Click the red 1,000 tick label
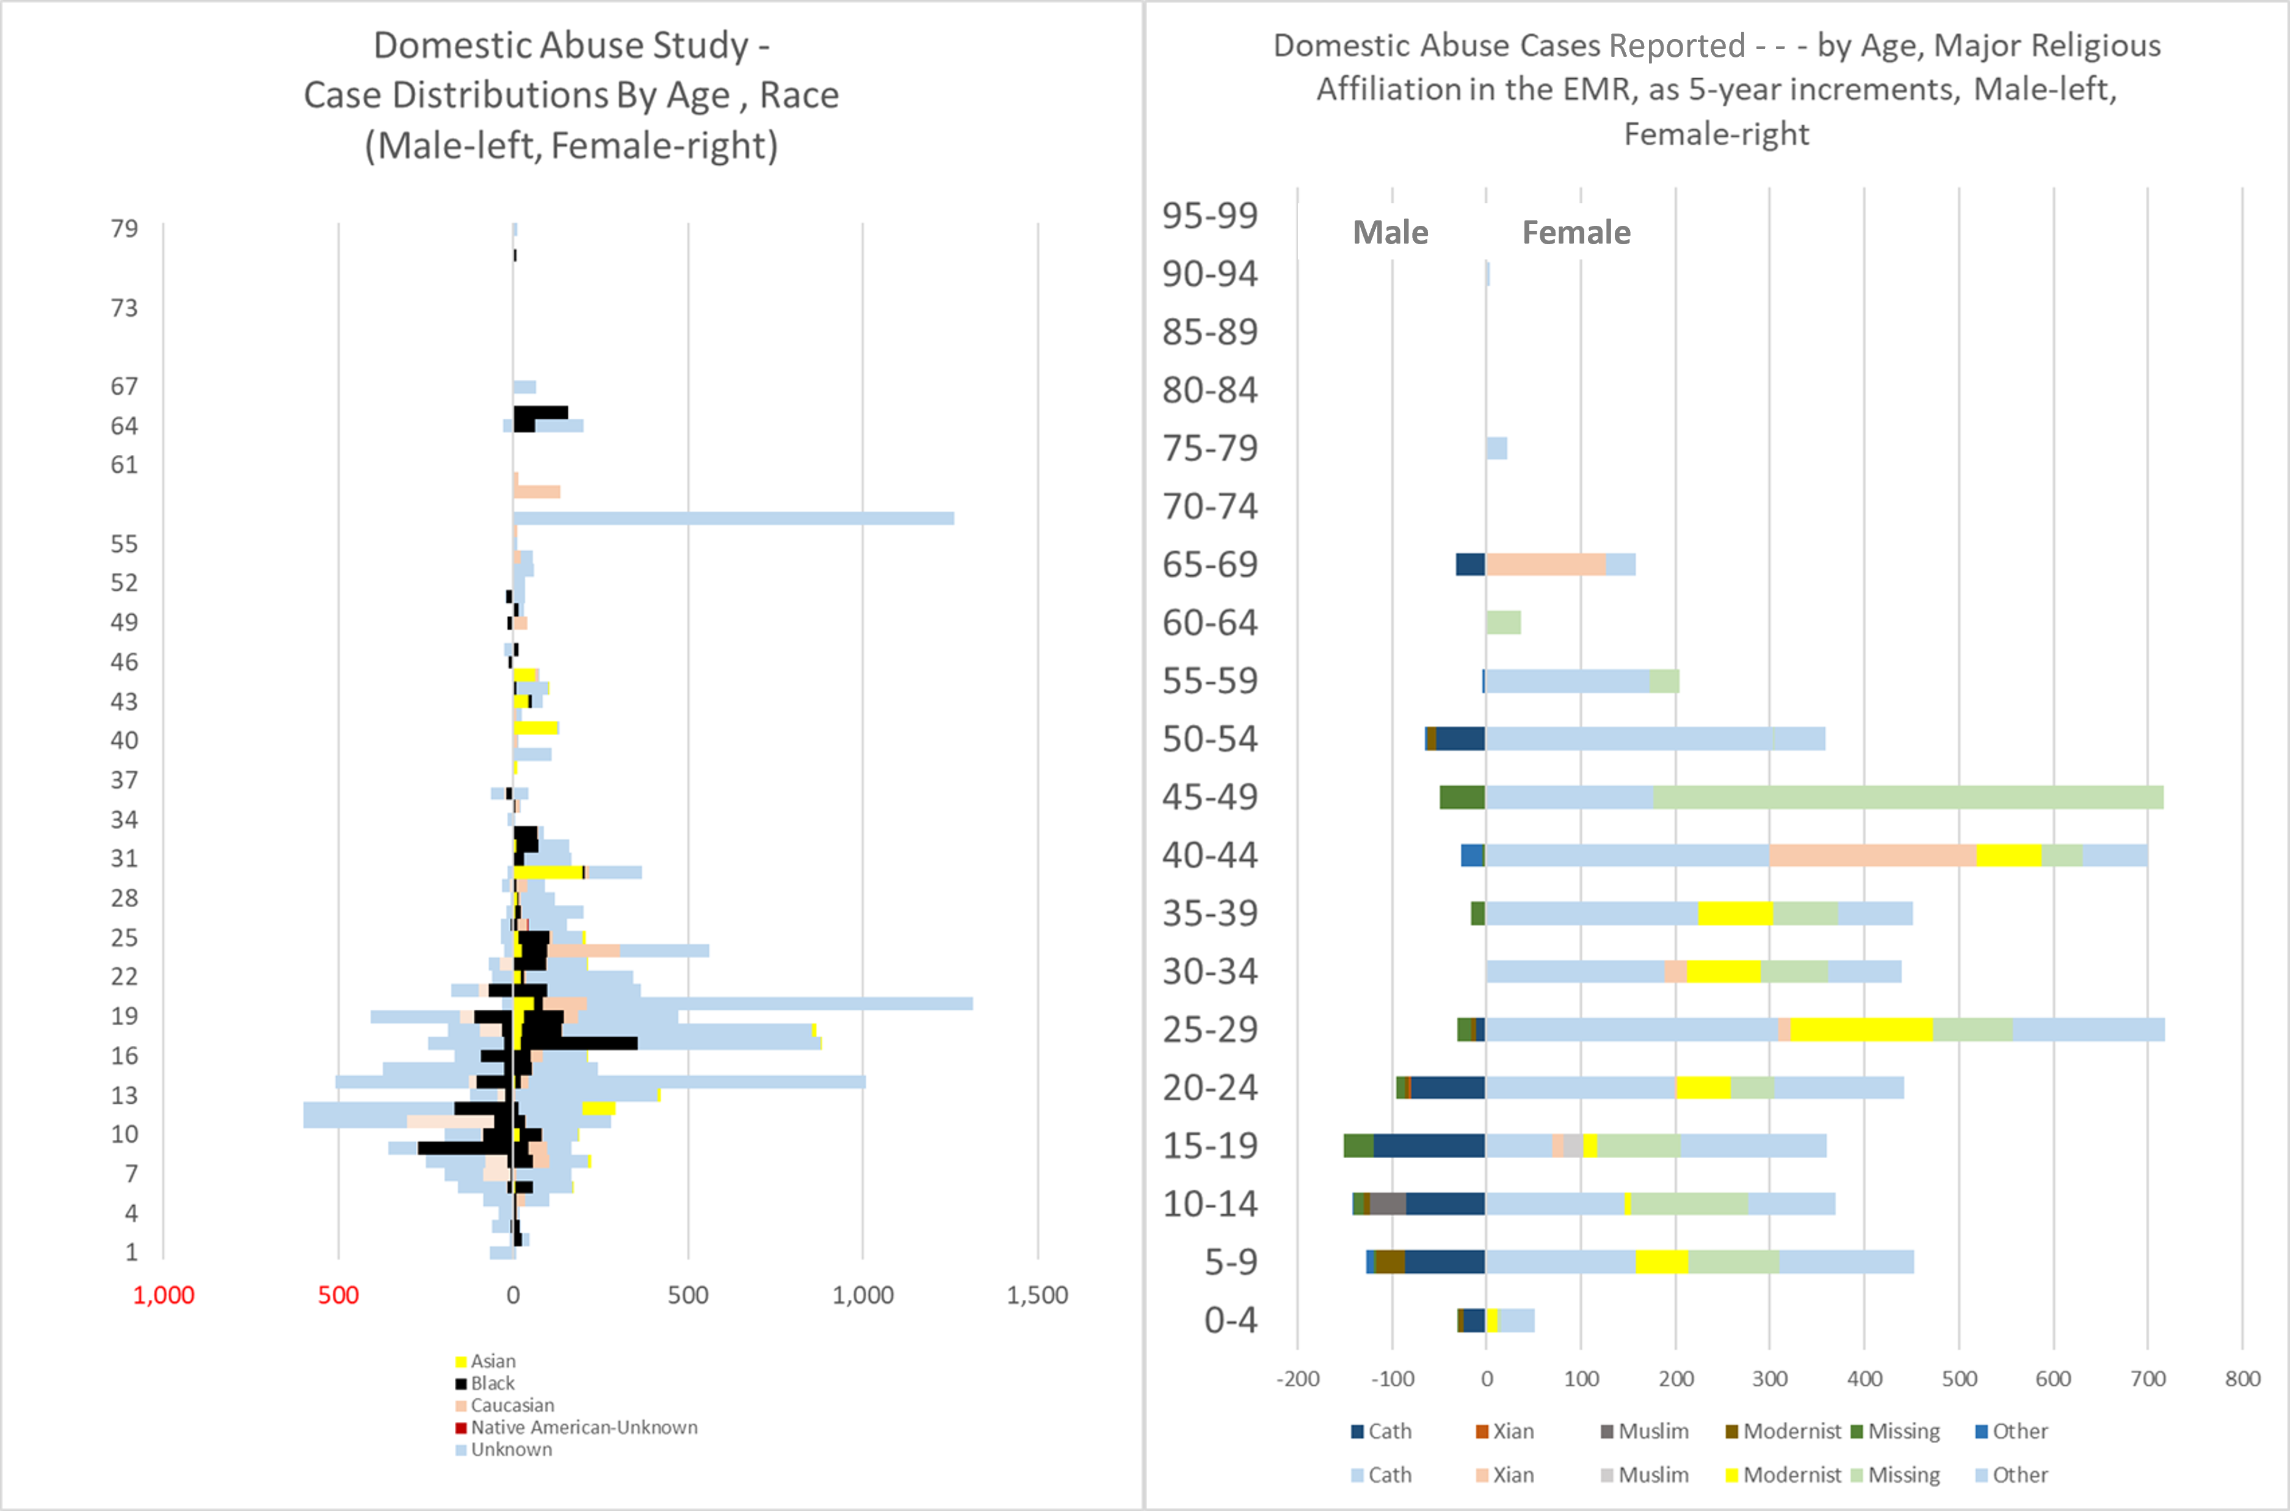tap(163, 1295)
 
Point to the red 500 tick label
tap(338, 1295)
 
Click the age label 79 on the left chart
tap(125, 228)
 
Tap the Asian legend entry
tap(492, 1361)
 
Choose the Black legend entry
tap(492, 1383)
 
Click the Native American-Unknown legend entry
tap(584, 1427)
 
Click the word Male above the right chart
tap(1390, 232)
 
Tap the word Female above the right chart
tap(1576, 232)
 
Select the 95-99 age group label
tap(1210, 215)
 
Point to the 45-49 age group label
tap(1210, 797)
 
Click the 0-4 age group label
tap(1230, 1320)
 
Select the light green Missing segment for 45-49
tap(1908, 797)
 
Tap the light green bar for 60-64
tap(1503, 623)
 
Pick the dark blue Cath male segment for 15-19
tap(1429, 1146)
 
